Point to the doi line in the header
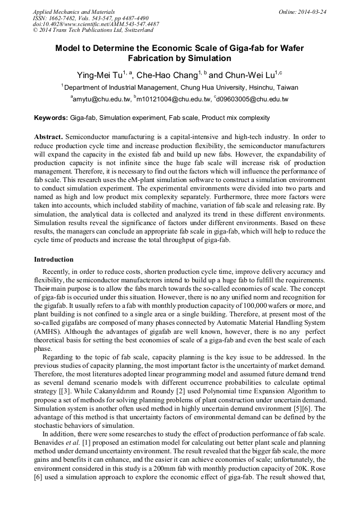[x=96, y=24]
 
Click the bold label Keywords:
[x=51, y=118]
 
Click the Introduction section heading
[x=54, y=260]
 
